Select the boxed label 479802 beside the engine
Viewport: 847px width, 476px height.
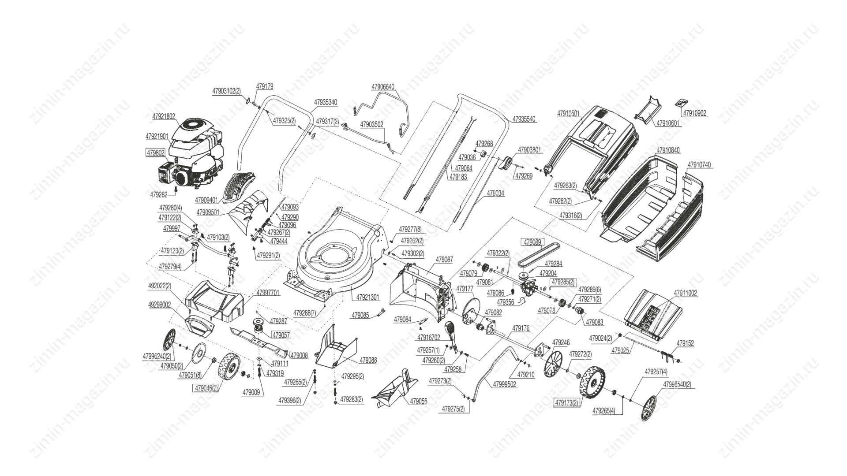pyautogui.click(x=155, y=152)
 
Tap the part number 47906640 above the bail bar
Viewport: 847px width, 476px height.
pyautogui.click(x=382, y=87)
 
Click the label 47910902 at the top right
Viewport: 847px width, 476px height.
pyautogui.click(x=694, y=113)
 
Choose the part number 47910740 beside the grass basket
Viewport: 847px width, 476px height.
pyautogui.click(x=699, y=165)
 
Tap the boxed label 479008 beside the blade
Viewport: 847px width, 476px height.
pyautogui.click(x=300, y=355)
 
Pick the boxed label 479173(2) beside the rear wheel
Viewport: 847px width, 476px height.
pyautogui.click(x=566, y=402)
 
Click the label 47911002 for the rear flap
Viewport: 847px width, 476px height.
pyautogui.click(x=686, y=293)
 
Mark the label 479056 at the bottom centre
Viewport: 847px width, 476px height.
pyautogui.click(x=418, y=402)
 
